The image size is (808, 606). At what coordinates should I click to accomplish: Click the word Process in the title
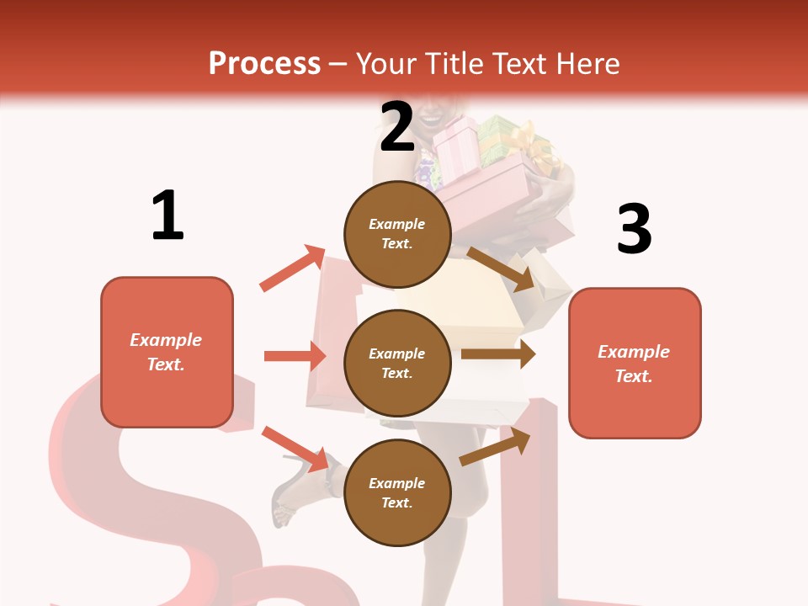[x=264, y=64]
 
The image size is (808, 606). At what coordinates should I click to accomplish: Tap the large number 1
[x=167, y=215]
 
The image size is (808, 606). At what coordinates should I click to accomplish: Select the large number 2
[x=397, y=127]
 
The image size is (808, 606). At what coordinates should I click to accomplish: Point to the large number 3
[x=634, y=229]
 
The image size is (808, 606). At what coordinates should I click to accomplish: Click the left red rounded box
[x=167, y=352]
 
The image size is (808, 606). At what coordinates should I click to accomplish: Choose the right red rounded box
[x=635, y=363]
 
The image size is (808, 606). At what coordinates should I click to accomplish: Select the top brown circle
[x=397, y=233]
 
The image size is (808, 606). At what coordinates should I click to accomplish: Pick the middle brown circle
[x=397, y=363]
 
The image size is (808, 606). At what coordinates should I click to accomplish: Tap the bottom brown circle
[x=397, y=492]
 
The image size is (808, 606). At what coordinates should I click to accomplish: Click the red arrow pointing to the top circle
[x=293, y=268]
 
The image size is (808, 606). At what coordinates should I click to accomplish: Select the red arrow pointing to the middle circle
[x=295, y=356]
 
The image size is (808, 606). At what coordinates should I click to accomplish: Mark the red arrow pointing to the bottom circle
[x=295, y=449]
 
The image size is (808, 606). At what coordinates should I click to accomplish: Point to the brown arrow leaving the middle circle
[x=498, y=354]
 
